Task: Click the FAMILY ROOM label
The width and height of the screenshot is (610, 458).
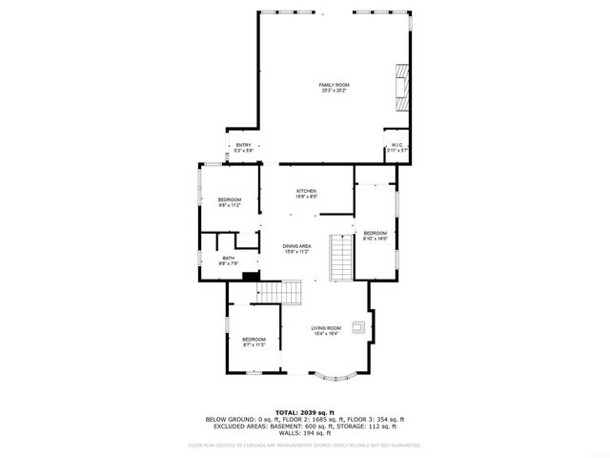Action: (x=334, y=85)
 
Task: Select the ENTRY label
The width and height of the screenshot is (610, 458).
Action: (x=243, y=145)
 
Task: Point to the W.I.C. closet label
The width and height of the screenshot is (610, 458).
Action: (x=397, y=145)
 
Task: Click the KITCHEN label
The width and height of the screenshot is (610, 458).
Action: (x=306, y=192)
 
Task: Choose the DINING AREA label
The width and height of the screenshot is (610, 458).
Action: (x=297, y=246)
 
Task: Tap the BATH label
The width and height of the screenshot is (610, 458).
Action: (x=229, y=258)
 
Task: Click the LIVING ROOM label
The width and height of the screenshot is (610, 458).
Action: (x=326, y=327)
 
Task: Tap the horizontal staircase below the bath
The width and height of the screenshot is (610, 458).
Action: (x=281, y=292)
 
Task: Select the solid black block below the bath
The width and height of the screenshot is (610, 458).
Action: (x=251, y=279)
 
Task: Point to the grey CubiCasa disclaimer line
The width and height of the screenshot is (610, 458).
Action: (x=304, y=445)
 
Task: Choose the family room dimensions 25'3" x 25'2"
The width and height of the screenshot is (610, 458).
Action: (x=334, y=91)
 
